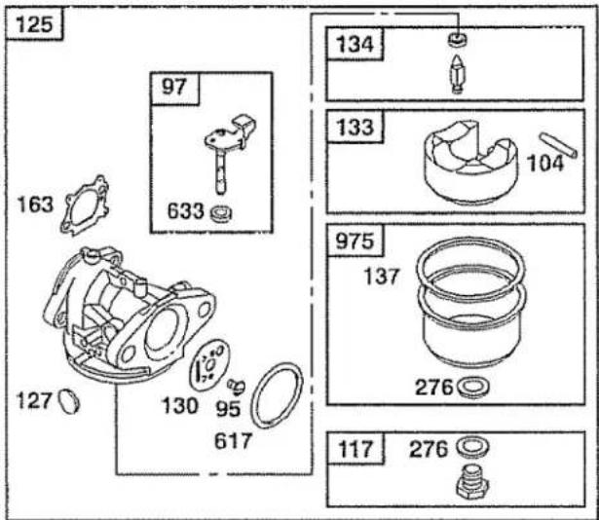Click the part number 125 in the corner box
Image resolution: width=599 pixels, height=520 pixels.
[34, 25]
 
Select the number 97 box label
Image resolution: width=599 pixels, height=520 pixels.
[173, 87]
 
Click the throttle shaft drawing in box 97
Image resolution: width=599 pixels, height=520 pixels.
[229, 153]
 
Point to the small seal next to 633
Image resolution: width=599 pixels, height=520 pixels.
[221, 213]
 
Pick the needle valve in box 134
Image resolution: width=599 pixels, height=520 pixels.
[457, 74]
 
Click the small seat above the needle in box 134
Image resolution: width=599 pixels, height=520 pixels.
[457, 39]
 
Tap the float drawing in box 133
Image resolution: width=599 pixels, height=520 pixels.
[470, 162]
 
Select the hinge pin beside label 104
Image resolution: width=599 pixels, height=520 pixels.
[558, 144]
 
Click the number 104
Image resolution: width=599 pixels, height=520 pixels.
[545, 164]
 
